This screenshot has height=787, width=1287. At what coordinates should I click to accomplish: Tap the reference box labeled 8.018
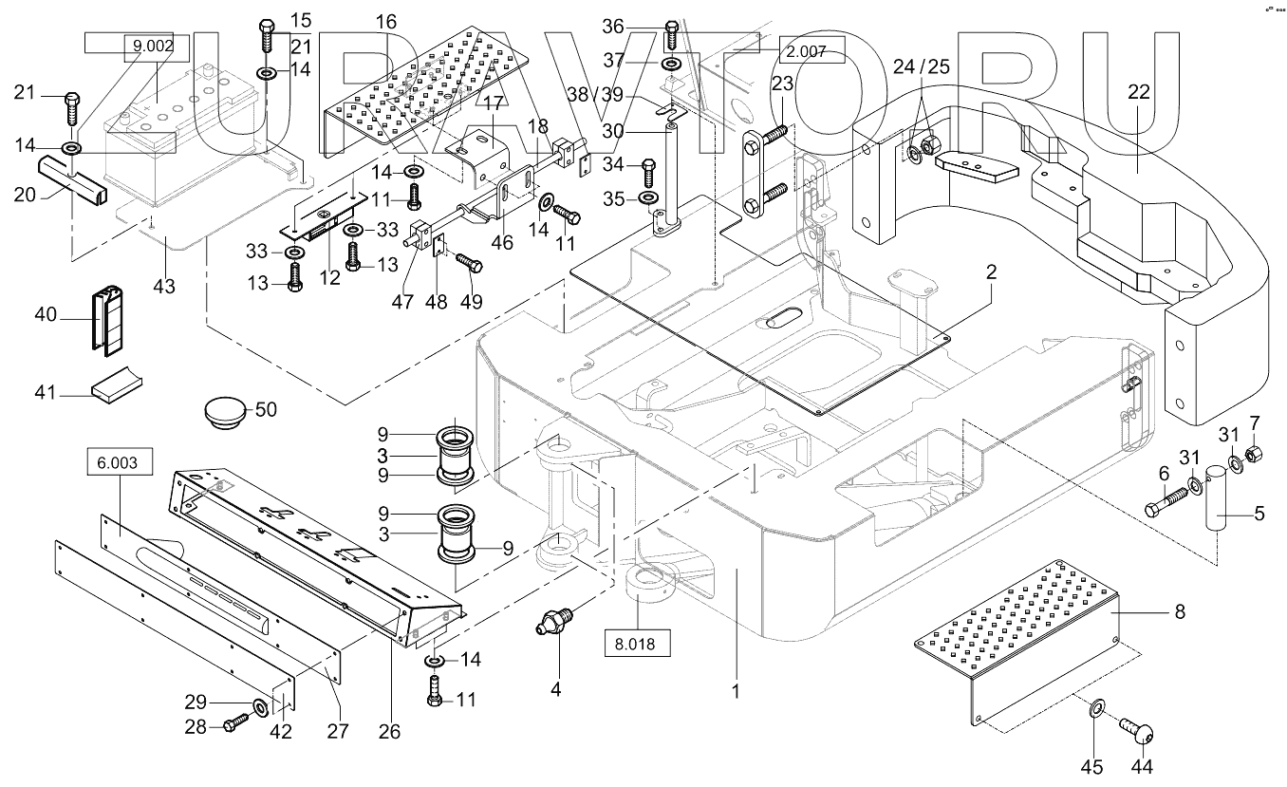[x=638, y=642]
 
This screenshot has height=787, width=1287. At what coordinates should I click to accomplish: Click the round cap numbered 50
[x=226, y=414]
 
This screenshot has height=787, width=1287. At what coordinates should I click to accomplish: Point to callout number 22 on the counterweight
[x=1138, y=92]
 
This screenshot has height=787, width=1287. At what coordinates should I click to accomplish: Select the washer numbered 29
[x=258, y=706]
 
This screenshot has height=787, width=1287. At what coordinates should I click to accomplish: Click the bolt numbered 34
[x=648, y=171]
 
